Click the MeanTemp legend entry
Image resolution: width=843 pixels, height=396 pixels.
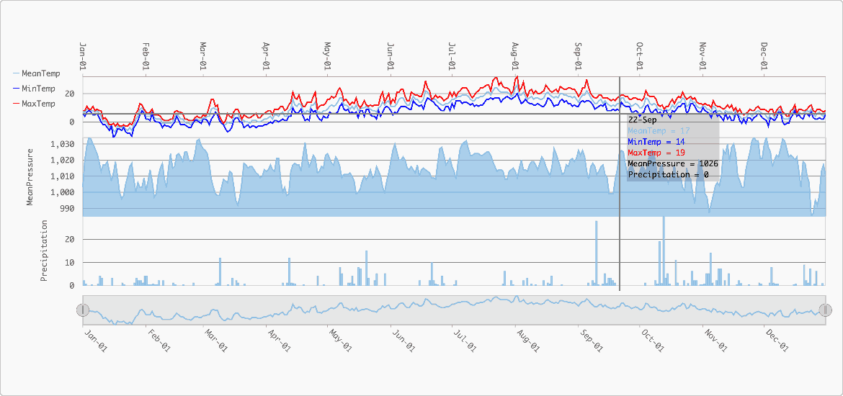[x=36, y=73]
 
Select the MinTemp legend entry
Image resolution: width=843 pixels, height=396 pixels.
[x=34, y=89]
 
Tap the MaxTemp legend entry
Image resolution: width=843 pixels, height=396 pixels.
[x=34, y=104]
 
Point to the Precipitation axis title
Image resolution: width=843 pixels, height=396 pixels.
[x=45, y=251]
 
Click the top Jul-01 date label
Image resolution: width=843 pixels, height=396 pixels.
[x=452, y=56]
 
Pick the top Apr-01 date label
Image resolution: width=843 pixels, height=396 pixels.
[x=266, y=56]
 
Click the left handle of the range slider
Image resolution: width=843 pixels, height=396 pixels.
[x=82, y=310]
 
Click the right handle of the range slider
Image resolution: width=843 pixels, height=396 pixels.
[x=825, y=310]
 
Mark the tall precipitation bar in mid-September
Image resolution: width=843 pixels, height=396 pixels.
[x=597, y=253]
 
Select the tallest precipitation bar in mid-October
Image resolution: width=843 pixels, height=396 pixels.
[x=664, y=251]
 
